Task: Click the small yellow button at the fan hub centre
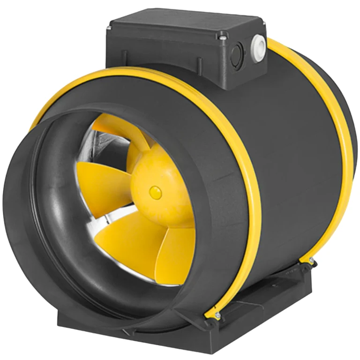pos(154,191)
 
